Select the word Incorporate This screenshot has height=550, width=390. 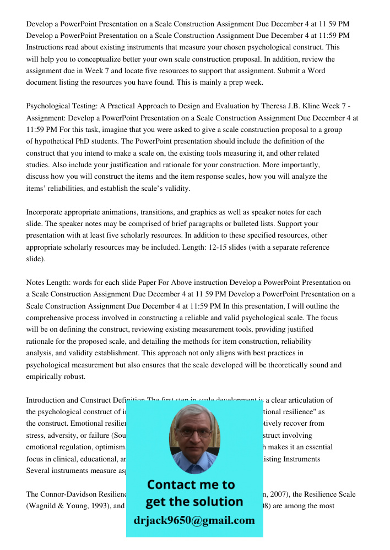47,212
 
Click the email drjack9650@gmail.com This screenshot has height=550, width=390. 194,520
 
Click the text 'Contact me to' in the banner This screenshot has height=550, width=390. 191,485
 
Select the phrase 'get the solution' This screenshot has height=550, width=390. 194,502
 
